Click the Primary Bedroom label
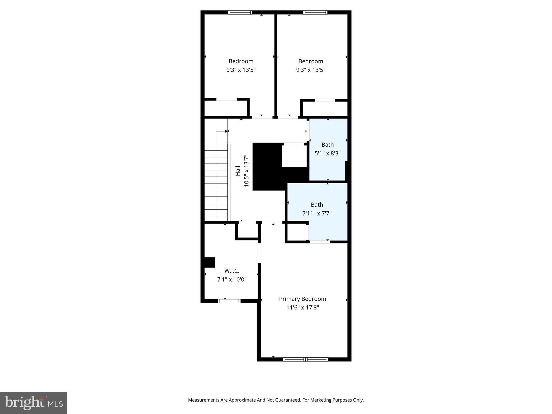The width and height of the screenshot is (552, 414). (302, 299)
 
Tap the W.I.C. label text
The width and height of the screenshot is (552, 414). (232, 271)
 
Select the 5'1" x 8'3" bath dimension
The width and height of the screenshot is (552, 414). (327, 153)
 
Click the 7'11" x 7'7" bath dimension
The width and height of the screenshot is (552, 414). (317, 213)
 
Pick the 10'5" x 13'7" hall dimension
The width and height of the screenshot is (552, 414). (246, 171)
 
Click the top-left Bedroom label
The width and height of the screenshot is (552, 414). (241, 61)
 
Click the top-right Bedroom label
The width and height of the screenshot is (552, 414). (310, 61)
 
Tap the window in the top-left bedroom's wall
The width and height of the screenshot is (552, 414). (240, 12)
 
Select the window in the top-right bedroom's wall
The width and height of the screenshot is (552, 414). (315, 12)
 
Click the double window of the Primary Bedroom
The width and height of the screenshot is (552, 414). (305, 359)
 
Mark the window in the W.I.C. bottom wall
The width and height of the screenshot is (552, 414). (229, 301)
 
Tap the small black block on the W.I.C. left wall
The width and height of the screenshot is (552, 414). (209, 262)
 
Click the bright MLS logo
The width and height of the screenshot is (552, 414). (34, 403)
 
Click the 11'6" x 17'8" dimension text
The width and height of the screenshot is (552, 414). (302, 308)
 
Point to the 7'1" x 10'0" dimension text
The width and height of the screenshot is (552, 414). (232, 280)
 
